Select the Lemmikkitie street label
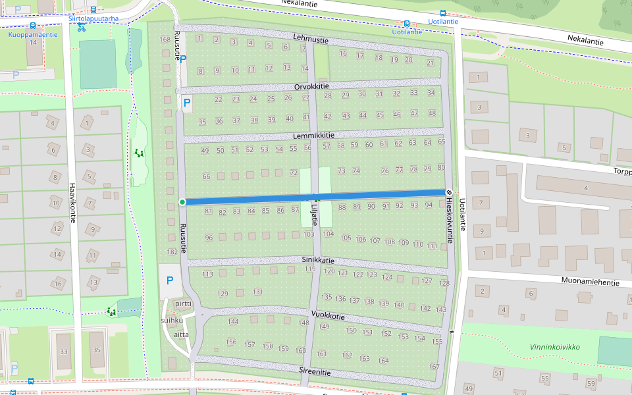(x=314, y=135)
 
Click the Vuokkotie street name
(x=328, y=316)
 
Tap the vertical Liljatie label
(x=314, y=215)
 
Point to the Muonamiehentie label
(x=591, y=282)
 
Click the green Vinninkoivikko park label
(x=555, y=346)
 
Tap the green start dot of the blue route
(x=182, y=201)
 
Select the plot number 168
(x=165, y=39)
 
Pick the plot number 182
(x=172, y=251)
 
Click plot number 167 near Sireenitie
(x=434, y=366)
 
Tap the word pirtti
(x=183, y=304)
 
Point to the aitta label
(x=182, y=334)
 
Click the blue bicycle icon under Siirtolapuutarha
(x=81, y=28)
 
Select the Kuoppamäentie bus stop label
(x=32, y=35)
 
